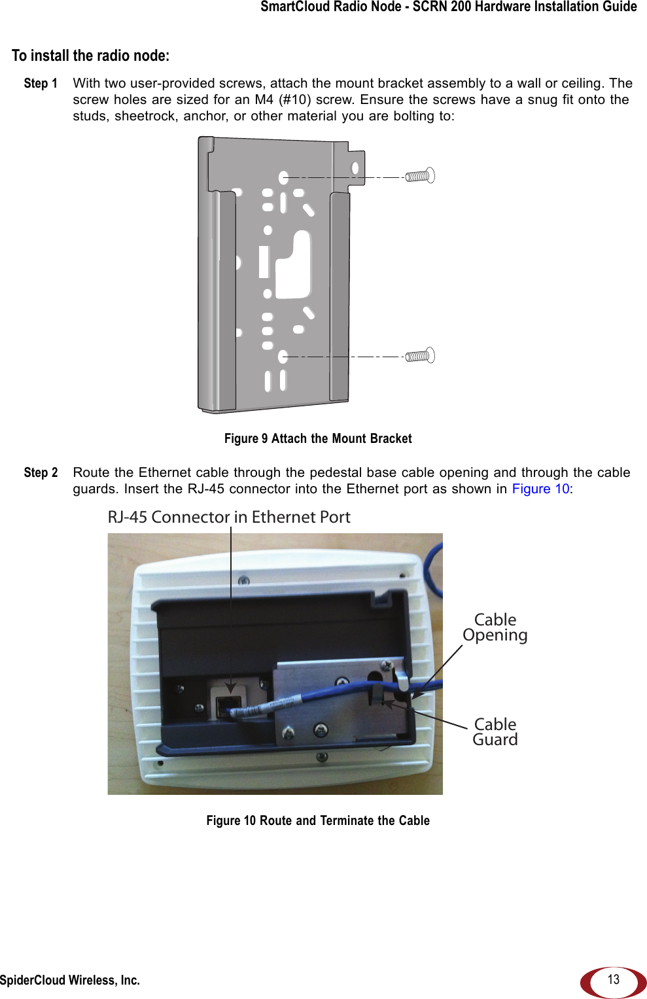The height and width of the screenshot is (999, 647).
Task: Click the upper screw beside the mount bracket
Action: pos(420,176)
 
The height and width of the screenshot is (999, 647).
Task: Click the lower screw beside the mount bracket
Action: pos(420,356)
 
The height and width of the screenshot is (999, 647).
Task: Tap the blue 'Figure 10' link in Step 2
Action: pos(540,489)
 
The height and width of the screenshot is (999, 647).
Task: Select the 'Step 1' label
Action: pos(41,83)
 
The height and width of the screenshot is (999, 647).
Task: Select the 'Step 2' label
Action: pos(41,472)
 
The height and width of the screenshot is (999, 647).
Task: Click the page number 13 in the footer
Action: pos(613,979)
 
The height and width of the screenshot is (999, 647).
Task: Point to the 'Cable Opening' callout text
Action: pos(495,627)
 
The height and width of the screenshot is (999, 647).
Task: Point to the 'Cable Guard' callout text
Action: pos(495,732)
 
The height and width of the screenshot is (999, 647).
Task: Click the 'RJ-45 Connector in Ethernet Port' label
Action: pos(229,517)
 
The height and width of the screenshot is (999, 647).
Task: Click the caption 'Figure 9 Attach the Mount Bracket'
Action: pos(318,438)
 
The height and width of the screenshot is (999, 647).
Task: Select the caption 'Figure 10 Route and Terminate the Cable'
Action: pos(318,820)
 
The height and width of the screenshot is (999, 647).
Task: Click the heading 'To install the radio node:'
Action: pos(90,56)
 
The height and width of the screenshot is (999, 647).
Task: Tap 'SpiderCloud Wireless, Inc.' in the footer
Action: pos(70,980)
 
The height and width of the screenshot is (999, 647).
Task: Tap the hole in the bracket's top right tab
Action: pos(355,168)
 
